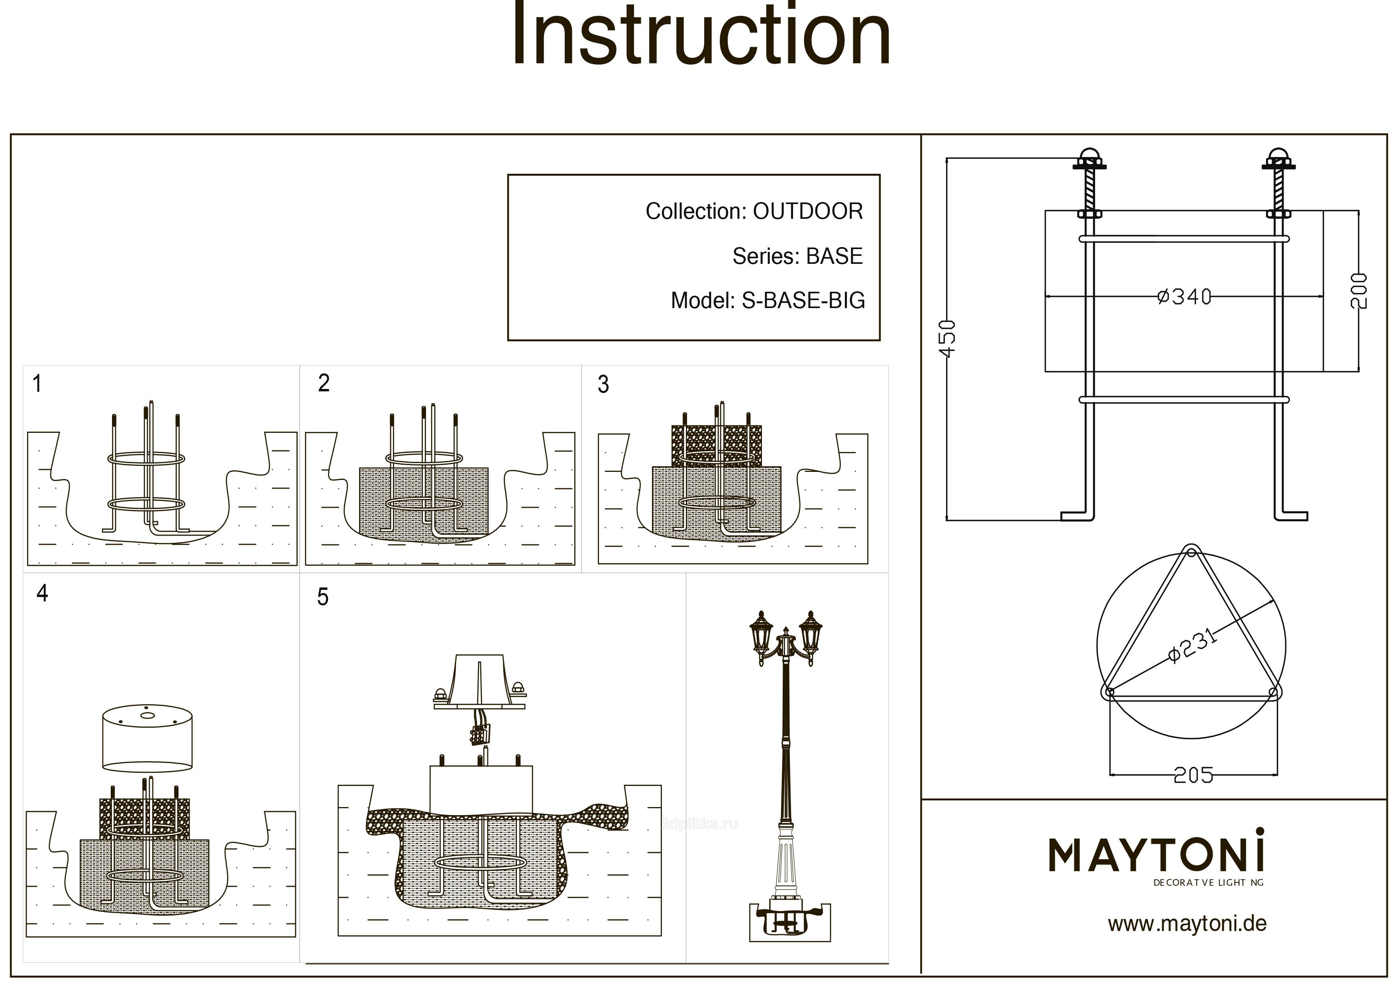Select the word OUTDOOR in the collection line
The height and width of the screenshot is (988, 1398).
[808, 211]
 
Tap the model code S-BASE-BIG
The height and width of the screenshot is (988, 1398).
[803, 300]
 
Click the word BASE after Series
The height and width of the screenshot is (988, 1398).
[834, 256]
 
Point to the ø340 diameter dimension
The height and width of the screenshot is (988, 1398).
[1184, 297]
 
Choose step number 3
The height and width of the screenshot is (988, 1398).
[603, 385]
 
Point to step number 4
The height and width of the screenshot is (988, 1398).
[42, 593]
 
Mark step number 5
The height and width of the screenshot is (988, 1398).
[323, 597]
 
